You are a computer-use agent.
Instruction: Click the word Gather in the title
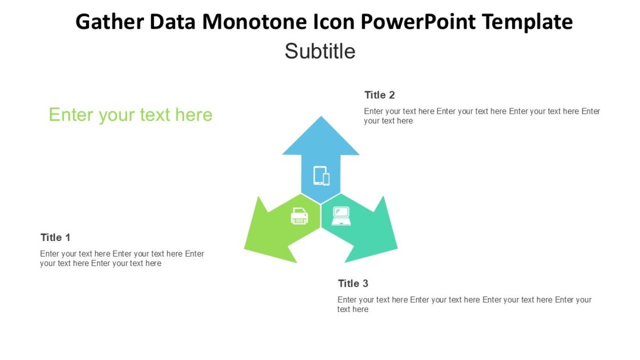tap(110, 22)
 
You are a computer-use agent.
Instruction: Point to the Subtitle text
tap(319, 51)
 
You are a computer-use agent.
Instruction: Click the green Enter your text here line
tap(131, 115)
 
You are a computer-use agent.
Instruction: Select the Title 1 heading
tap(55, 237)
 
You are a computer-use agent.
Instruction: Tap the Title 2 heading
tap(380, 95)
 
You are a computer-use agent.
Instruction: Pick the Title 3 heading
tap(353, 283)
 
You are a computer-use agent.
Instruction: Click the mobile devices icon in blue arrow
tap(321, 175)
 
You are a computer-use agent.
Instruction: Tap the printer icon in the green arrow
tap(299, 216)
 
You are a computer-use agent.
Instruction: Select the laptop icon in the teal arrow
tap(341, 216)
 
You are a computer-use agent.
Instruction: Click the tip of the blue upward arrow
tap(321, 117)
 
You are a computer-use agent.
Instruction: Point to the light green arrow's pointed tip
tap(245, 248)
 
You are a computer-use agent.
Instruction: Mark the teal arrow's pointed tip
tap(396, 247)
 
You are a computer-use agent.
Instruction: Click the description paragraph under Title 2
tap(482, 116)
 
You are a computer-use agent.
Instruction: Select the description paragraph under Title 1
tap(122, 258)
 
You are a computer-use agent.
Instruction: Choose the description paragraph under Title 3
tap(464, 304)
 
